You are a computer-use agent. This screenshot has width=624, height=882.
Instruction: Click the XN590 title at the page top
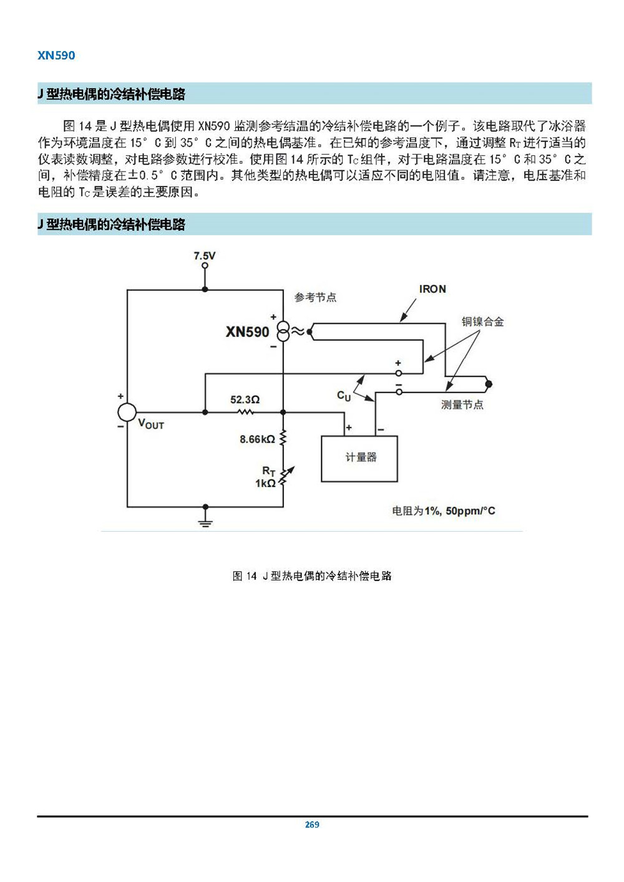click(56, 55)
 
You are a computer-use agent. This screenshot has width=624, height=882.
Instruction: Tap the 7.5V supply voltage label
click(204, 256)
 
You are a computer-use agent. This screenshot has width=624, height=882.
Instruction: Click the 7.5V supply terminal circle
click(205, 265)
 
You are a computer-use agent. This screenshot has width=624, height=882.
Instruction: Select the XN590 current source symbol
click(283, 331)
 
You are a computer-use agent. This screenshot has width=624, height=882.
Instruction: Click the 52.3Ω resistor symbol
click(245, 412)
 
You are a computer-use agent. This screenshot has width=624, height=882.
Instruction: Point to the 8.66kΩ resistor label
click(257, 439)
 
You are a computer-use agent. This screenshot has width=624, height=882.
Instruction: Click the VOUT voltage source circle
click(127, 412)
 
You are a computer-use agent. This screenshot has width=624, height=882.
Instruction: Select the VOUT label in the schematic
click(151, 424)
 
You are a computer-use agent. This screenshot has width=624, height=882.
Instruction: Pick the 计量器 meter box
click(359, 459)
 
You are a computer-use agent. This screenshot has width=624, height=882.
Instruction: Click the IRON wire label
click(432, 289)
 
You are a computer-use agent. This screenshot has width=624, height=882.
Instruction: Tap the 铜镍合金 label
click(483, 321)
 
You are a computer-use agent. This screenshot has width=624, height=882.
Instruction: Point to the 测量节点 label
click(462, 404)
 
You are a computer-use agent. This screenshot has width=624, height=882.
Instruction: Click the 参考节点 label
click(315, 297)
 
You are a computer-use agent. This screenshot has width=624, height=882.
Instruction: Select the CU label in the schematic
click(344, 396)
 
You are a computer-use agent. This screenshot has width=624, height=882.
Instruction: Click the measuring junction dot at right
click(489, 384)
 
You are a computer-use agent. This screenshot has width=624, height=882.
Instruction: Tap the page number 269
click(312, 825)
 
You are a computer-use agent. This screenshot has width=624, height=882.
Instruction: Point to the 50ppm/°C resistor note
click(470, 511)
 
